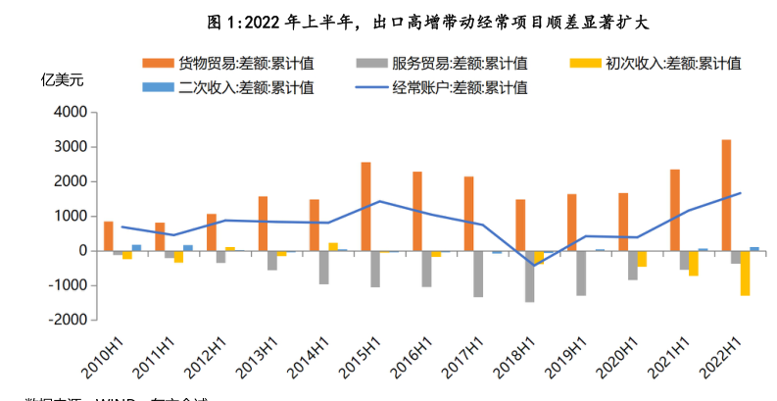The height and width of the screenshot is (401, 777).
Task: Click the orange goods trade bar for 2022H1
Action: [x=726, y=195]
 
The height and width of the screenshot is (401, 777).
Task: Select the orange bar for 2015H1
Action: [x=365, y=206]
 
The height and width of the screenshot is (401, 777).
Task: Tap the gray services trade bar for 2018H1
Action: [x=530, y=276]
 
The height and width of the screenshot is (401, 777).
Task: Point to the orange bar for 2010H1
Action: [x=109, y=236]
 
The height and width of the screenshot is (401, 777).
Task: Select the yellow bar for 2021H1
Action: [x=694, y=263]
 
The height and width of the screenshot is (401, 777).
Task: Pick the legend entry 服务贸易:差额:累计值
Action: [x=450, y=64]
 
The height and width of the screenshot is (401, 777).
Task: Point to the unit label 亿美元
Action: [x=63, y=80]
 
